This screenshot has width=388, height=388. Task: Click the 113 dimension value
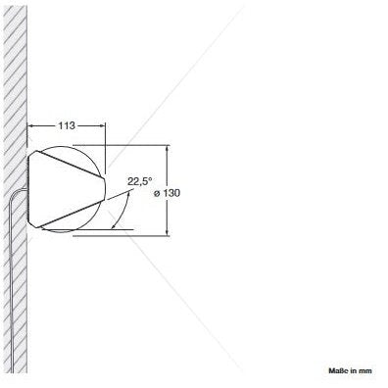(x=67, y=125)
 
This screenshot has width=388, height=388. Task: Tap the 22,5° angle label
(x=139, y=181)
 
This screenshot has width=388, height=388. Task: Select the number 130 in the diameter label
(x=171, y=193)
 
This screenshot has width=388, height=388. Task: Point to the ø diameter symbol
(x=157, y=194)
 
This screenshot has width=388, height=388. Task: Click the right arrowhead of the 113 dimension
(x=102, y=125)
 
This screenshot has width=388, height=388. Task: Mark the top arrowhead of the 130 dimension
(x=168, y=149)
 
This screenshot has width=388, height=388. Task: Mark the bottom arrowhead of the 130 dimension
(x=168, y=231)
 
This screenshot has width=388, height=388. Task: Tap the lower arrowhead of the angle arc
(x=114, y=226)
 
